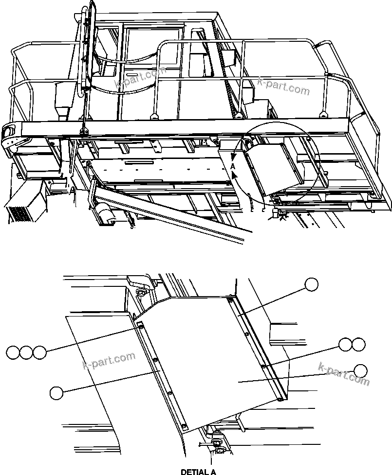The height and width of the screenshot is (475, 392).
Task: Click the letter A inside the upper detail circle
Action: [233, 166]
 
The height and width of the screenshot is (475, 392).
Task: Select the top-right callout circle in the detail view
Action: [311, 284]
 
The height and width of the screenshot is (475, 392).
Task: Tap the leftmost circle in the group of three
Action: [14, 352]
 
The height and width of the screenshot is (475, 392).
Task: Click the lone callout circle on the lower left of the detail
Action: [56, 393]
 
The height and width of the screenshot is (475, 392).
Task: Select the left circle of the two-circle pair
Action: [345, 345]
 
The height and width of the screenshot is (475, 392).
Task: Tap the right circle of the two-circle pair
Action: [358, 345]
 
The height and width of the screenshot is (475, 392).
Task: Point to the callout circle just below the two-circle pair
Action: [360, 370]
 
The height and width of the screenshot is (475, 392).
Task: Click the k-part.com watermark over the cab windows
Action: [140, 79]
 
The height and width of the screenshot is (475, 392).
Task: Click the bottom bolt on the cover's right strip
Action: [280, 400]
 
